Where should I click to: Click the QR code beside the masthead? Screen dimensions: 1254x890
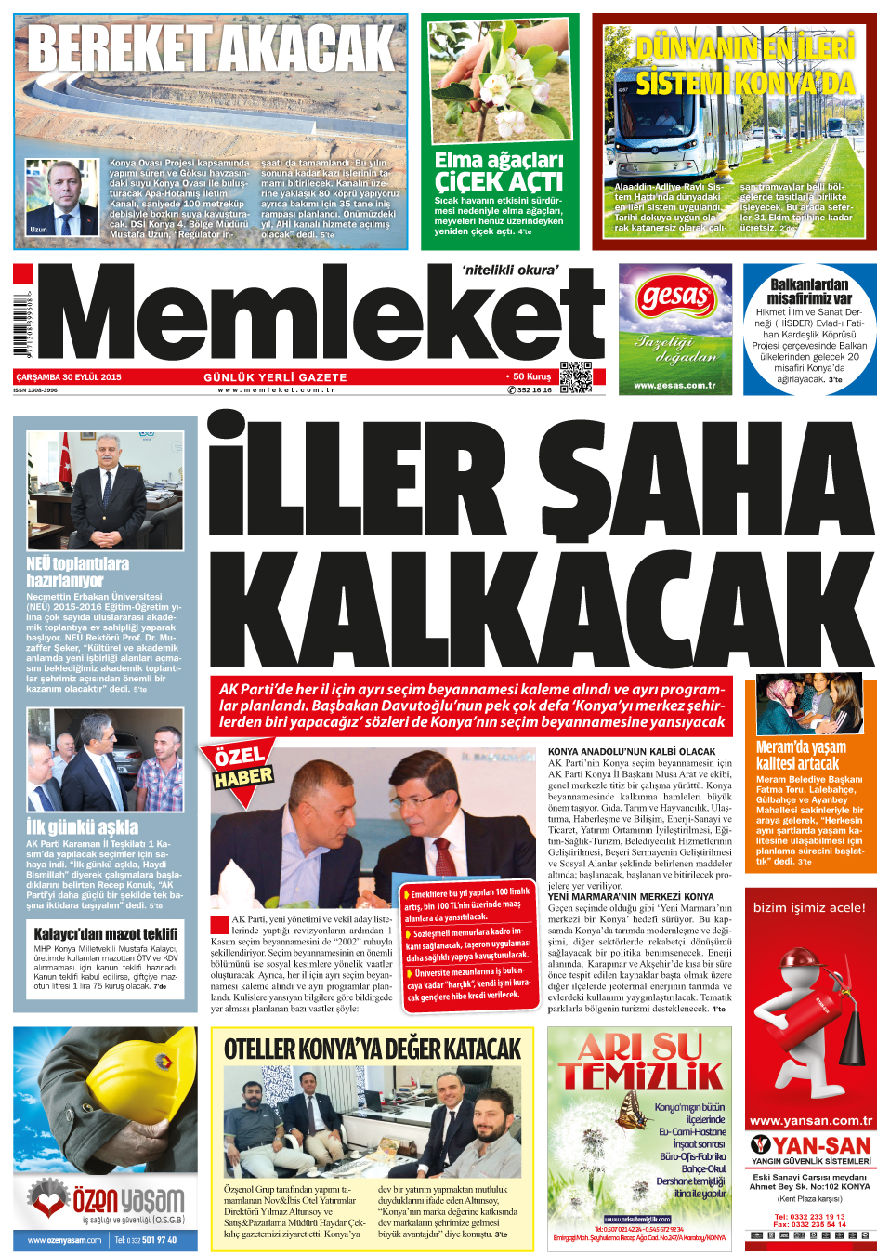click(x=576, y=376)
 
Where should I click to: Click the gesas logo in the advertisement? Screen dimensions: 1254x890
click(x=675, y=299)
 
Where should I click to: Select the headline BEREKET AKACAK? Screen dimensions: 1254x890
click(x=211, y=48)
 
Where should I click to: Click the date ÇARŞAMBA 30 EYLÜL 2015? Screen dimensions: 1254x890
click(x=68, y=377)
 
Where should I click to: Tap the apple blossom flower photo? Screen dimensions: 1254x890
click(x=500, y=82)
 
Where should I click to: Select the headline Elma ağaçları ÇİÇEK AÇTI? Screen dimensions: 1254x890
click(x=499, y=172)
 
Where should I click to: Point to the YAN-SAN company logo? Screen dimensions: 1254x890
click(x=810, y=1145)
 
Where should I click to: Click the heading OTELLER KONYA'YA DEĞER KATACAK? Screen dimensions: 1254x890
click(x=373, y=1049)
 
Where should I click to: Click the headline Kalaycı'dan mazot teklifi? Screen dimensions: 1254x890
click(x=106, y=934)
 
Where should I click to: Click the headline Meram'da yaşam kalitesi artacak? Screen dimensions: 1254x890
click(x=801, y=755)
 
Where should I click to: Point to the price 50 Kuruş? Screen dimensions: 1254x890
click(x=531, y=376)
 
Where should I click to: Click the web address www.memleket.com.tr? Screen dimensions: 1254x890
click(x=276, y=390)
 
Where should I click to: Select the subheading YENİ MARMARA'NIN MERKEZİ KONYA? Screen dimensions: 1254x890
click(x=631, y=897)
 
